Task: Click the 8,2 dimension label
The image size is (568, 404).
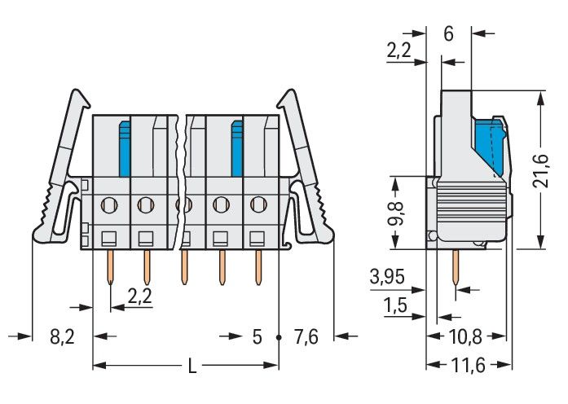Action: tap(63, 336)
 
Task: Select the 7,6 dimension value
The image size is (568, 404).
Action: tap(306, 336)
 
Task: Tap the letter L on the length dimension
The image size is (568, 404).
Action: tap(192, 367)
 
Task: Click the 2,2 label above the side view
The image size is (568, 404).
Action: tap(398, 50)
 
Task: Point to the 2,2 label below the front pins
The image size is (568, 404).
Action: tap(140, 297)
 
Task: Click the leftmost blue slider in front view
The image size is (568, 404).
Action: tap(125, 147)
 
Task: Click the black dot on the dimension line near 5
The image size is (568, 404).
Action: tap(279, 336)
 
